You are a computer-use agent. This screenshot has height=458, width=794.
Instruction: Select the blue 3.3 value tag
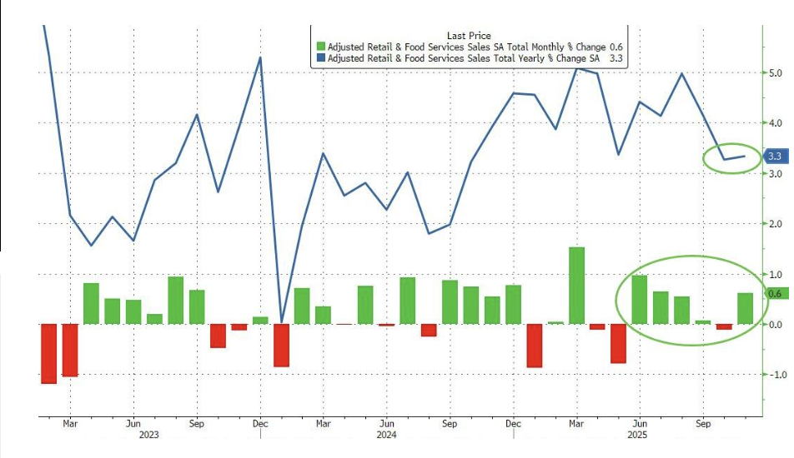[x=775, y=156]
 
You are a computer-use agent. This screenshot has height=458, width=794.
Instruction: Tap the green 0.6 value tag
[x=775, y=294]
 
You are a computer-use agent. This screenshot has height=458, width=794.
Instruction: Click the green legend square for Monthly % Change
[x=321, y=47]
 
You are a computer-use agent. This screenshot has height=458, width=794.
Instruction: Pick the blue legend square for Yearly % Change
[x=321, y=59]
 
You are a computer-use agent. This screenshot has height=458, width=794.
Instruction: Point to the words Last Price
[x=469, y=36]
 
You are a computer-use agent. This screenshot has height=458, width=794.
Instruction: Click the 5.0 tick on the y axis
[x=775, y=72]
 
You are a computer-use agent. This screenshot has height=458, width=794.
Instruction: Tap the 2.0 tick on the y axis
[x=775, y=224]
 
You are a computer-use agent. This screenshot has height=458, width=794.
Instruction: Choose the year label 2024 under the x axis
[x=385, y=434]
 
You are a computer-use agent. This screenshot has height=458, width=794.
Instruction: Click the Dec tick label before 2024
[x=259, y=422]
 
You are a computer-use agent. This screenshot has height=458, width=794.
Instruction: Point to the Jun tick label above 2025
[x=639, y=422]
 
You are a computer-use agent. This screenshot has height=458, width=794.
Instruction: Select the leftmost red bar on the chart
[x=49, y=353]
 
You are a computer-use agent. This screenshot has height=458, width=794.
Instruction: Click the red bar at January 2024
[x=281, y=345]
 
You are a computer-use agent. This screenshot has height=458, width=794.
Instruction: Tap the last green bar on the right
[x=745, y=308]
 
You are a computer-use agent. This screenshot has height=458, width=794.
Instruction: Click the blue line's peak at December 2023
[x=260, y=57]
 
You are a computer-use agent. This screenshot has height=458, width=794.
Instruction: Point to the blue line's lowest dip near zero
[x=281, y=321]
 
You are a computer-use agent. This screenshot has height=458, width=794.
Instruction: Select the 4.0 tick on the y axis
[x=775, y=123]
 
